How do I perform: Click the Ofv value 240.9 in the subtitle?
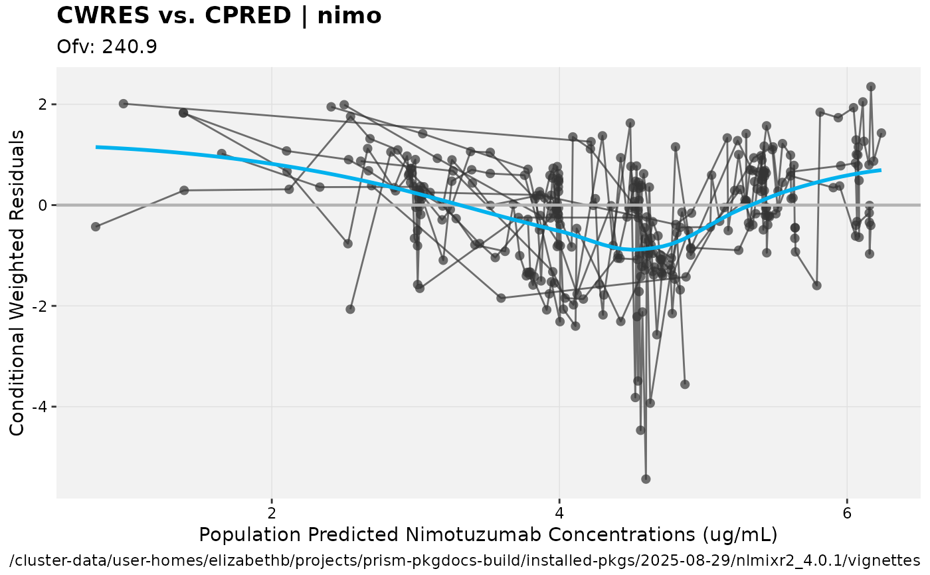pos(129,47)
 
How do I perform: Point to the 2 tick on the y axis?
pos(43,104)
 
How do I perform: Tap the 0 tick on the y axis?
pos(43,205)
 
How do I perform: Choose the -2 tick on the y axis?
pos(40,306)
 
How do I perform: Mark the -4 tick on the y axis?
pos(40,407)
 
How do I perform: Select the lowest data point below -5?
pos(646,479)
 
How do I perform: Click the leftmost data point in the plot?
pos(96,227)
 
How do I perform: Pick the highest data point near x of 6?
pos(871,86)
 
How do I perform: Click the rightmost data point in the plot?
pos(882,133)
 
